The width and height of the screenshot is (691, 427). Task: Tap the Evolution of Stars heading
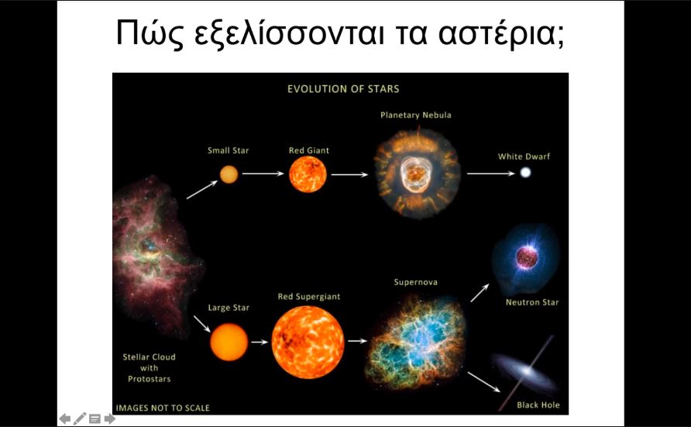(343, 89)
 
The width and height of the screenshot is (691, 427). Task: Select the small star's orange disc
(229, 174)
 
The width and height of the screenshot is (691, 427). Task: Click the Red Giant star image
(308, 174)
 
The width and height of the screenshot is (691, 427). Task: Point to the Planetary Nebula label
(415, 115)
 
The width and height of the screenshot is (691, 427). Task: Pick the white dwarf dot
(525, 173)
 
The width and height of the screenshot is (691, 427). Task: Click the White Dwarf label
(524, 157)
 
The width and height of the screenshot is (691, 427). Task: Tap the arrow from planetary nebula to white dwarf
(490, 174)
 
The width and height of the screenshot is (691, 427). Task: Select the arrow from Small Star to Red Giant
(263, 174)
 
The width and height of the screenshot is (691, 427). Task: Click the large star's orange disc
(229, 342)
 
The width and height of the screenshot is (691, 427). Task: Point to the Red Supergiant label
(309, 297)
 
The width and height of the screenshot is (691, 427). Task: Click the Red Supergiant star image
(308, 343)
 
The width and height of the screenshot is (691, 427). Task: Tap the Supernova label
(415, 282)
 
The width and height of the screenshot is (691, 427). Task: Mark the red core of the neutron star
(527, 258)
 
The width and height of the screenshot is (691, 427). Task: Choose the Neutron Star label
(532, 302)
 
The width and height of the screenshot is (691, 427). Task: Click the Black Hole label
(538, 405)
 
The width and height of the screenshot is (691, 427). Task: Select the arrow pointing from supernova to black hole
(483, 381)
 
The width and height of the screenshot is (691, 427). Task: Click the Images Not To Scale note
(163, 408)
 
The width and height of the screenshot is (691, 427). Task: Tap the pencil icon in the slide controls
(80, 418)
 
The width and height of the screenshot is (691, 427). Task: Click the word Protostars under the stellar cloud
(149, 379)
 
